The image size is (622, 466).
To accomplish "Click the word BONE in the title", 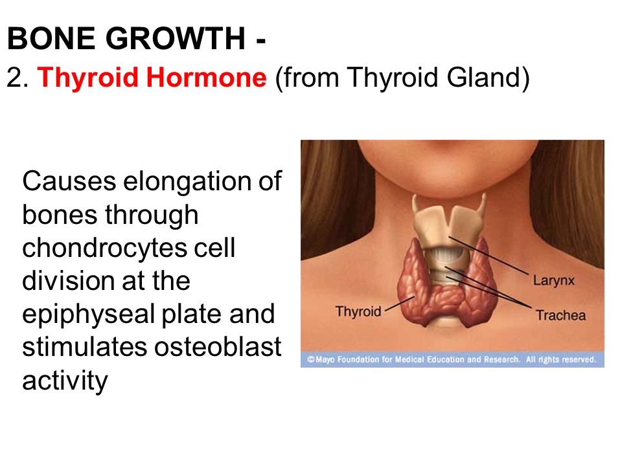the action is pos(52,38).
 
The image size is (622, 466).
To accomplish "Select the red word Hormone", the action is pos(206,77).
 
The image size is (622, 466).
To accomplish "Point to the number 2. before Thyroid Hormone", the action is pos(17,77).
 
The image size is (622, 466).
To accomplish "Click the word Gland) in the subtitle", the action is pos(489,78).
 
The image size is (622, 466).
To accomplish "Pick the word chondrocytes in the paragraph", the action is pos(104,249).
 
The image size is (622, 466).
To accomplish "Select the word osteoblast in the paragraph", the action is pos(218,347).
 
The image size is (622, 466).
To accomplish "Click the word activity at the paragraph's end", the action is pos(65,381).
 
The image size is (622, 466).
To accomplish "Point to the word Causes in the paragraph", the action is pos(69,181).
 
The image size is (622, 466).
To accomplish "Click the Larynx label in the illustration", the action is pos(553,281).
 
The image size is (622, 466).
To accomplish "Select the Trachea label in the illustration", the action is pos(560,315).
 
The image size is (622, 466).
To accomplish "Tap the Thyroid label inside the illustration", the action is pos(358,312).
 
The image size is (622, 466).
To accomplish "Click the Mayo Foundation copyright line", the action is pos(452,359).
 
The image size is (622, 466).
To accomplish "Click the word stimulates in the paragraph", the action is pos(84,347).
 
